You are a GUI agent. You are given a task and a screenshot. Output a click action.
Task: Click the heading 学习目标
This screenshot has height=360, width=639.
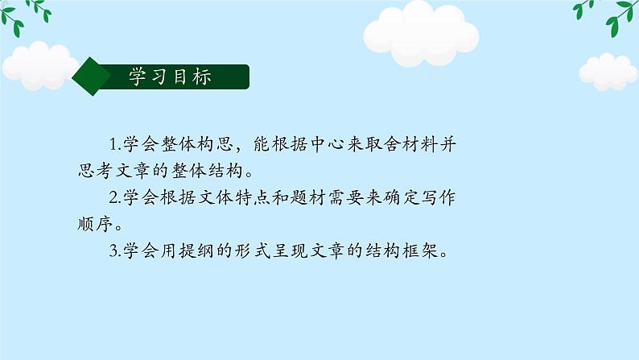tap(170, 77)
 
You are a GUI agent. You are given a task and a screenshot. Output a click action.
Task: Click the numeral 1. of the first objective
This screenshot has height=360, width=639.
tap(113, 145)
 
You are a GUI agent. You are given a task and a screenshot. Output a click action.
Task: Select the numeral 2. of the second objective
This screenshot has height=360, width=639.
tap(113, 197)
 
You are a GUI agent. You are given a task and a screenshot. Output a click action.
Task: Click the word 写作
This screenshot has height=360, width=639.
tap(444, 197)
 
